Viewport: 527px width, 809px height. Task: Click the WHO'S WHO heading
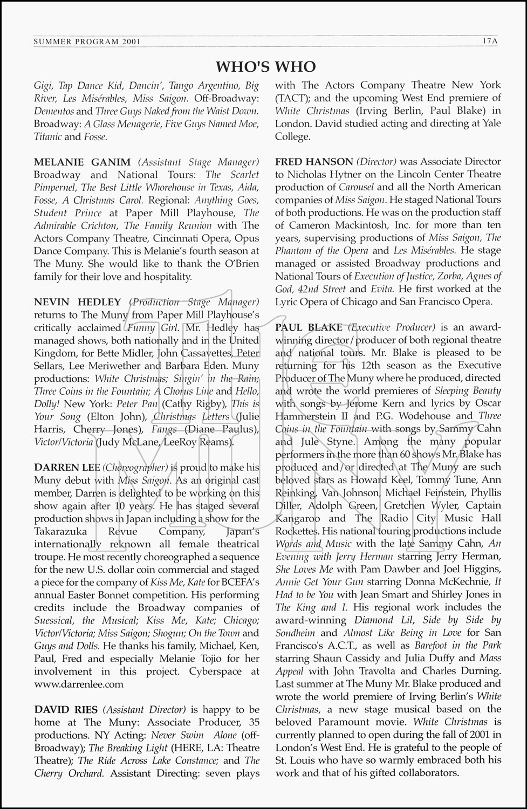265,66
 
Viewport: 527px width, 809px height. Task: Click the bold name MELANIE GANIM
82,162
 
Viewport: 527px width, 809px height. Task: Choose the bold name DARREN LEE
67,468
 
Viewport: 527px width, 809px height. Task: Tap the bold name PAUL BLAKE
309,327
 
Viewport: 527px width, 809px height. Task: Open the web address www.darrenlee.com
79,684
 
